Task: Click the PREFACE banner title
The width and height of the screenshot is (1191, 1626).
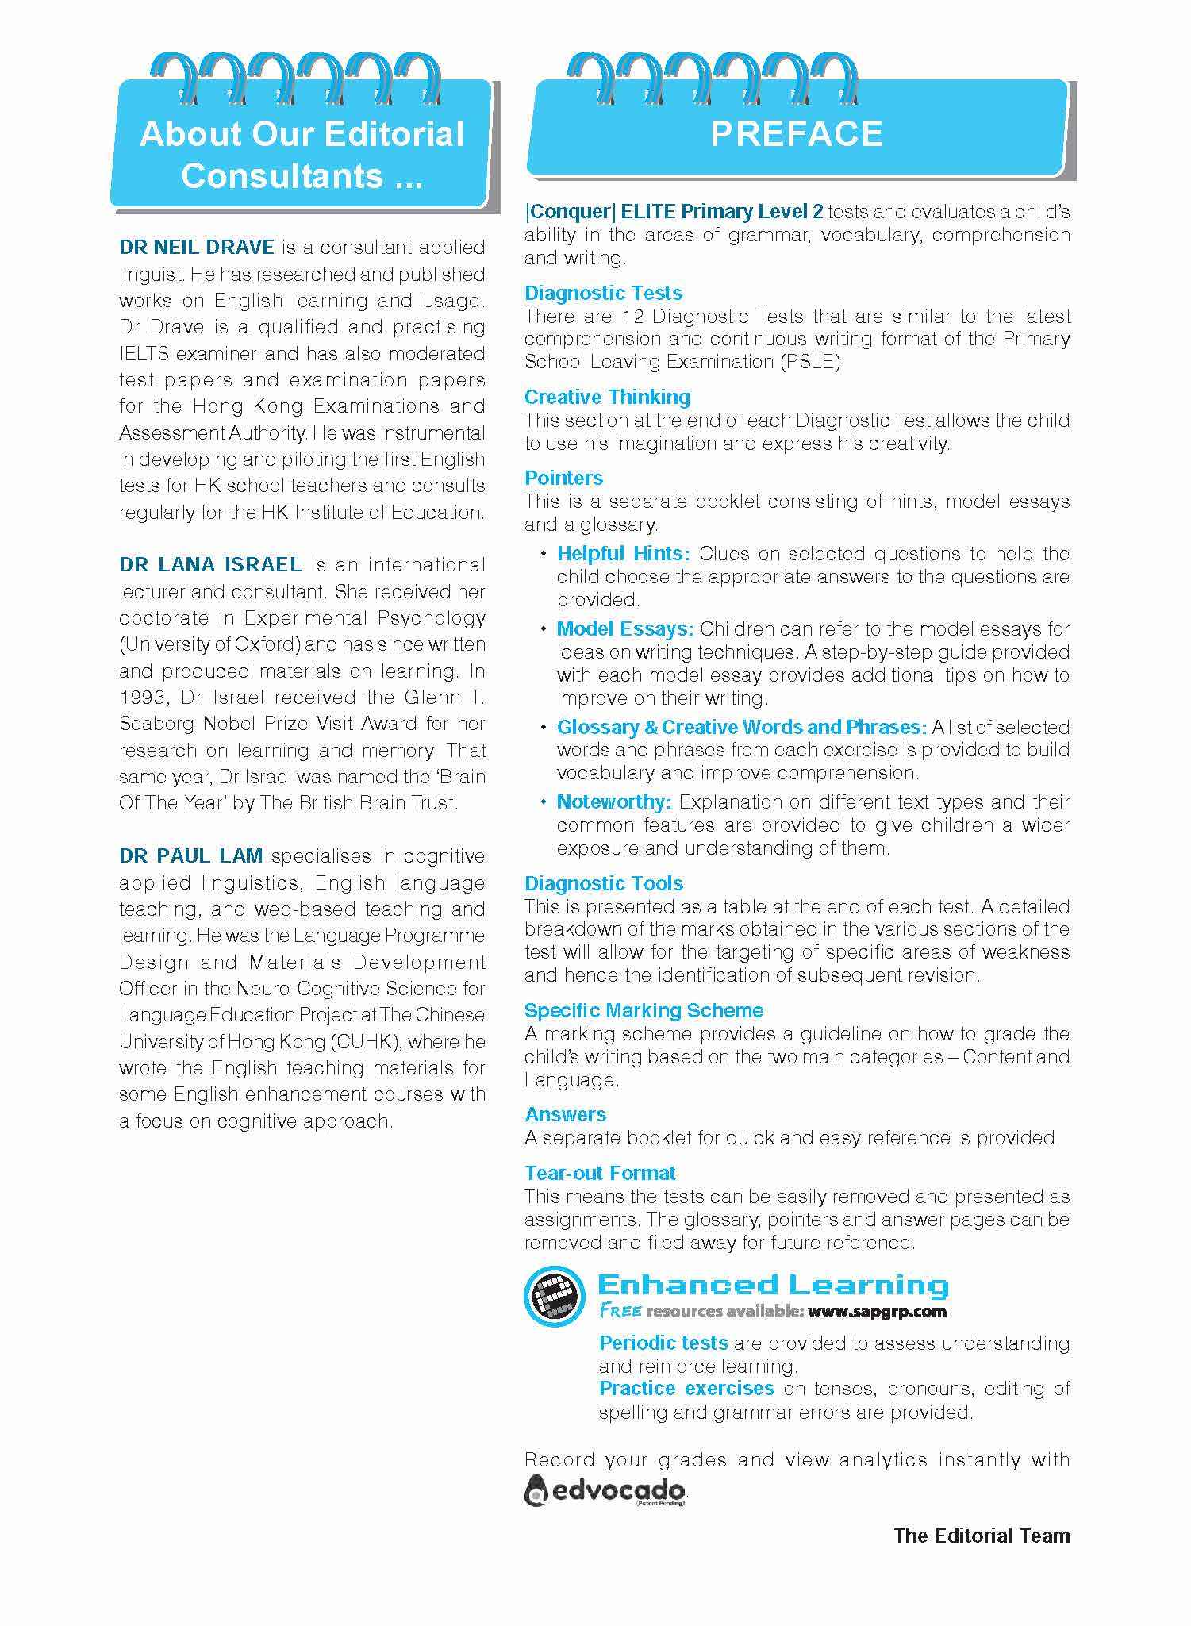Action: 796,133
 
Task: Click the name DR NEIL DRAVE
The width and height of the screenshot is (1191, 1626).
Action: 197,247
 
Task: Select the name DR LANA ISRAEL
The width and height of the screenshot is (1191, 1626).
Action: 210,565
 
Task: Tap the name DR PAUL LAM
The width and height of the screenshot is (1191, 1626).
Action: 190,856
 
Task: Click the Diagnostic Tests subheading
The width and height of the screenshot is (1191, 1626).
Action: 603,293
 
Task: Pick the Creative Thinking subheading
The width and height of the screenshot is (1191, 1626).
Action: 607,397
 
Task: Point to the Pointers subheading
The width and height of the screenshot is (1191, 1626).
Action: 563,478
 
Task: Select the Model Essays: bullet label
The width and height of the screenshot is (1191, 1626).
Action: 625,629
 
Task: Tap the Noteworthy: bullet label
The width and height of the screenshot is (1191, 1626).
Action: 614,801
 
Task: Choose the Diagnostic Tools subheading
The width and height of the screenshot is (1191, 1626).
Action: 603,883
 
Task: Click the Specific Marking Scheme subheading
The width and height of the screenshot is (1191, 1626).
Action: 644,1010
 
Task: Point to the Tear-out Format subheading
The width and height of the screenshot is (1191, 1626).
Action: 600,1173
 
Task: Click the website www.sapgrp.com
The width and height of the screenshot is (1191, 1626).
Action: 877,1310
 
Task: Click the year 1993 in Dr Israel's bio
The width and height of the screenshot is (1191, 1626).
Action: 140,698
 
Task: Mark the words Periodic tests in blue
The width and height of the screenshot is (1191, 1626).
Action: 663,1343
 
